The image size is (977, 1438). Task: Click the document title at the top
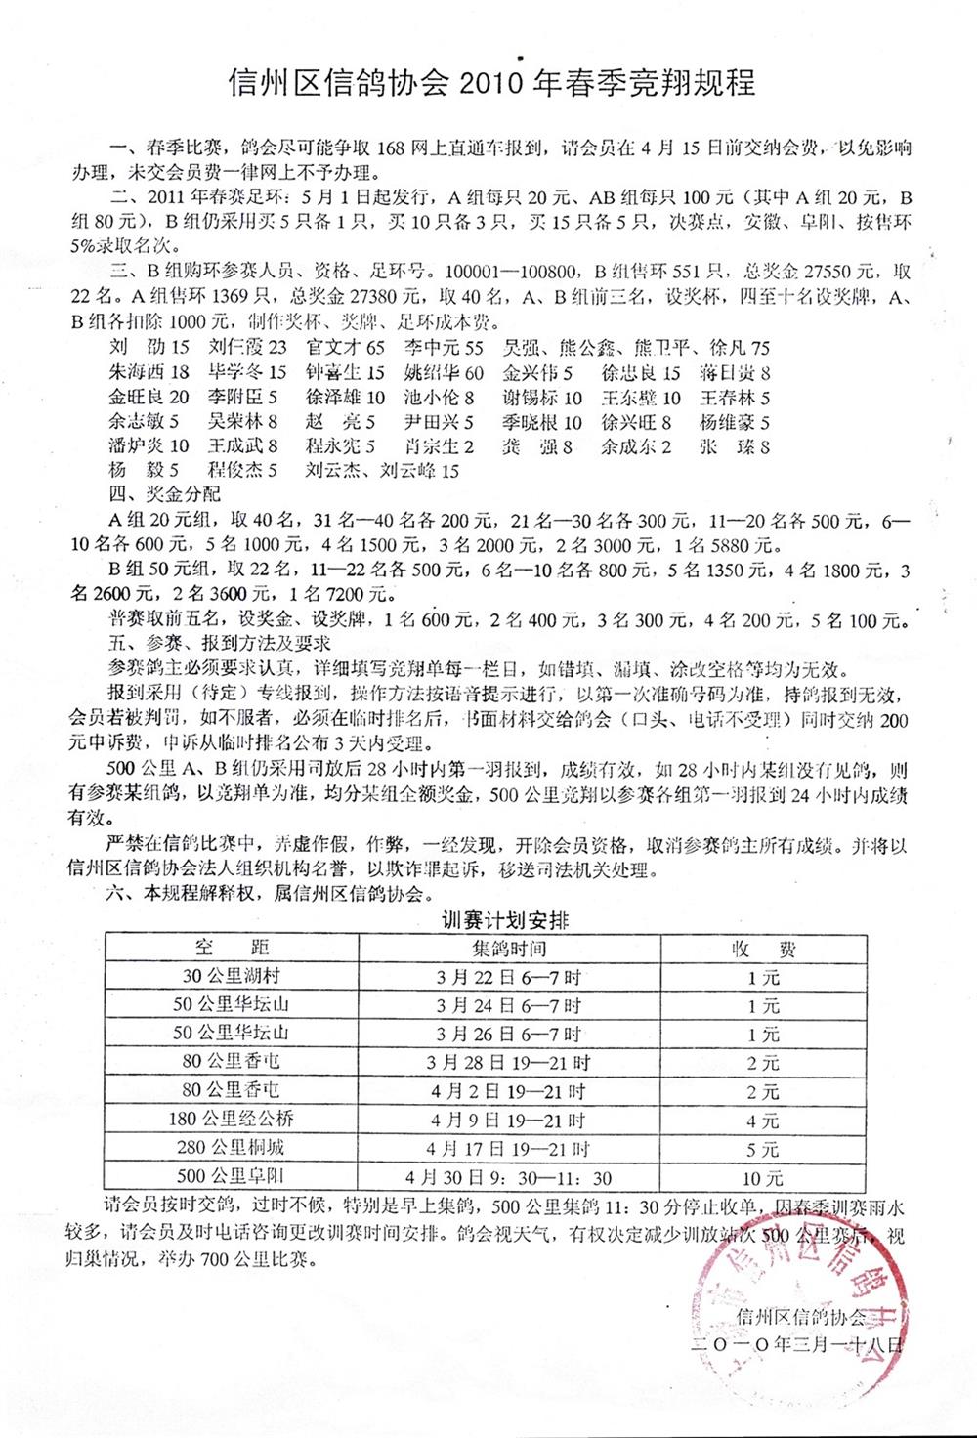click(x=491, y=82)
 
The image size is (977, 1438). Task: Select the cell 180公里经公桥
click(x=233, y=1121)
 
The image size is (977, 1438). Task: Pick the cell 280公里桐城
click(x=233, y=1149)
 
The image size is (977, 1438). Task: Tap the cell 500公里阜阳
click(x=233, y=1177)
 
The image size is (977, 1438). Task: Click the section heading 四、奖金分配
click(x=165, y=494)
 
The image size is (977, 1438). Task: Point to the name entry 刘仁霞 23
click(x=248, y=347)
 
